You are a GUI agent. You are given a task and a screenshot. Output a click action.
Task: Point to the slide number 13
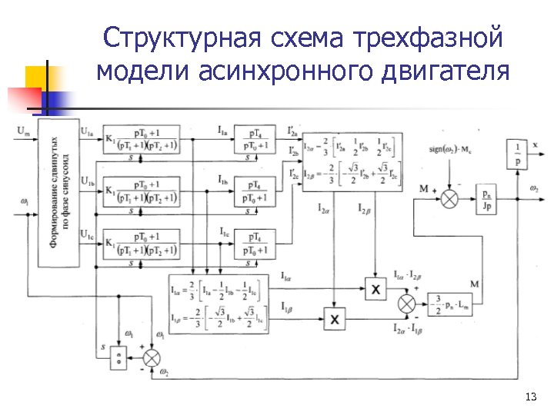tap(529, 397)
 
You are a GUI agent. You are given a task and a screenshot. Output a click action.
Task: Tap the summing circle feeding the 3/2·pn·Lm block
tap(406, 304)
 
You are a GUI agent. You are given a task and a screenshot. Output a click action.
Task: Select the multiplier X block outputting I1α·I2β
tap(376, 288)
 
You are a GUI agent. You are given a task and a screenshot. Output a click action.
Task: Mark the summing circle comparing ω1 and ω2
tap(153, 357)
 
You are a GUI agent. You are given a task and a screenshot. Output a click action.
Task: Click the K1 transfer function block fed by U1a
tap(141, 141)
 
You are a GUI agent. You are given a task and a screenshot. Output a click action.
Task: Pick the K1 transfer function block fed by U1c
tap(141, 245)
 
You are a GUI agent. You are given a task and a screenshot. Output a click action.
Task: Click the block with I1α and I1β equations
tap(218, 304)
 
